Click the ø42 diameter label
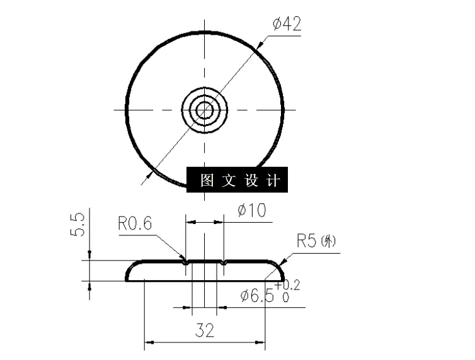(x=287, y=25)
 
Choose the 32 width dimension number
(x=204, y=330)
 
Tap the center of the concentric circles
(x=204, y=110)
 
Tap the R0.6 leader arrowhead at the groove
(x=185, y=259)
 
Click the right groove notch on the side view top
(x=224, y=262)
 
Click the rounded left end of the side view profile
(x=129, y=272)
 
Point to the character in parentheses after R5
(x=329, y=241)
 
